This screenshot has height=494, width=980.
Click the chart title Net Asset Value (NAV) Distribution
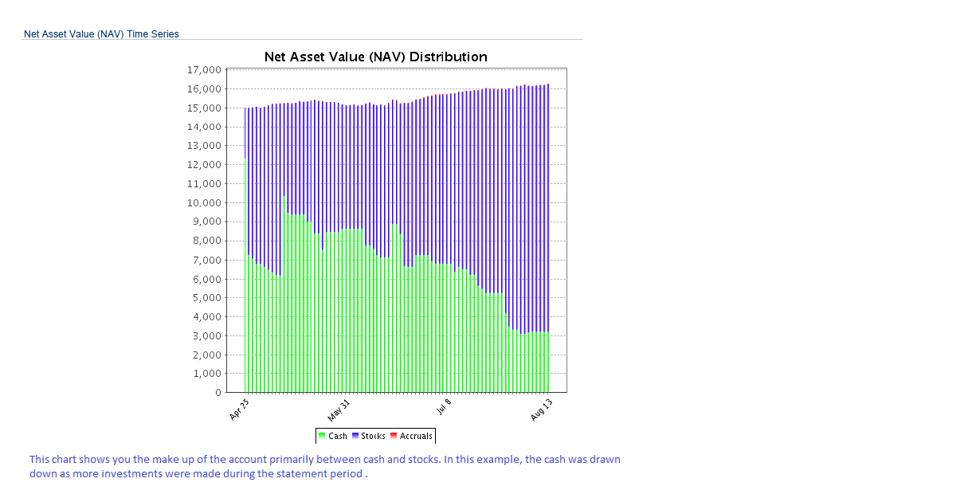(375, 57)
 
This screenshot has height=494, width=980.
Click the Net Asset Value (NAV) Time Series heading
(101, 34)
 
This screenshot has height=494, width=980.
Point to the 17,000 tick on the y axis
(204, 70)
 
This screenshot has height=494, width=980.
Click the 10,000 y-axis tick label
(204, 203)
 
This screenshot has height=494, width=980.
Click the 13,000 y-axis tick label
(204, 146)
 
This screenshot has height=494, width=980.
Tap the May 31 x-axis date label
(339, 410)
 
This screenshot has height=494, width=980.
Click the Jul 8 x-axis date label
(445, 406)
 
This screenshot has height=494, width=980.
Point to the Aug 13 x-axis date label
(542, 409)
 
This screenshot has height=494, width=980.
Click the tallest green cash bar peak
(284, 197)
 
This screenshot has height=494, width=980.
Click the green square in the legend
(322, 436)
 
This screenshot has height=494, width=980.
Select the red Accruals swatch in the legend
(394, 436)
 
